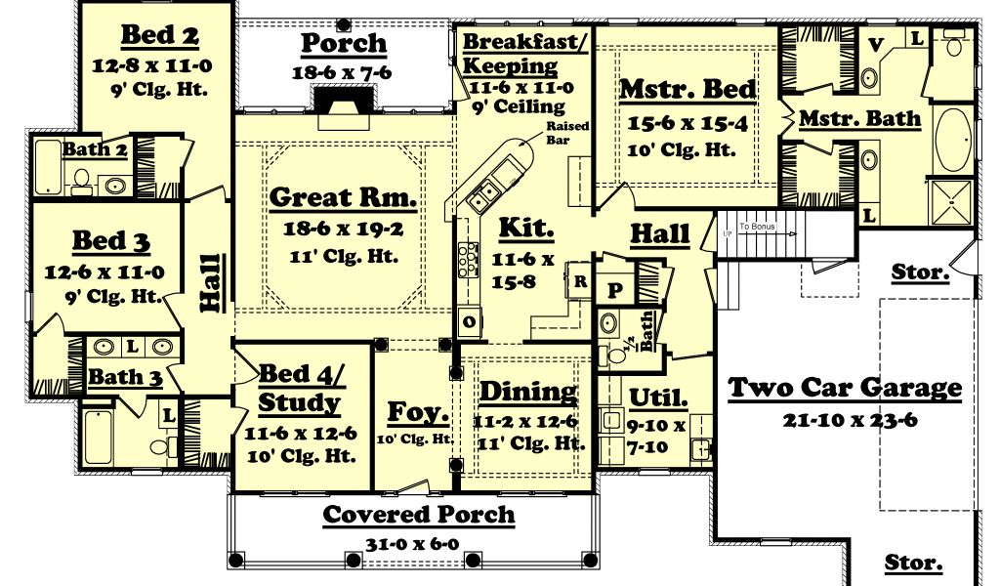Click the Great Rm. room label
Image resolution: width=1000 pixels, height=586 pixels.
tap(343, 197)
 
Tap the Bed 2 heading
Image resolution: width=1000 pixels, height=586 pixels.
tap(159, 35)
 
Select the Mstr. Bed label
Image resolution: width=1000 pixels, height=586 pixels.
tap(687, 89)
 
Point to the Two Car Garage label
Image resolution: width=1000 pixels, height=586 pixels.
tap(845, 387)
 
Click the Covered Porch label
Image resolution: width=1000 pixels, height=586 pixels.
tap(418, 515)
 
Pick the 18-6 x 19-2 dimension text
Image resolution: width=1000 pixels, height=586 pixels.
tap(343, 229)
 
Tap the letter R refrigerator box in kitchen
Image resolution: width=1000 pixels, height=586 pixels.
tap(580, 281)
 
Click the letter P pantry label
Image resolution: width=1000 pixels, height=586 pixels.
tap(615, 291)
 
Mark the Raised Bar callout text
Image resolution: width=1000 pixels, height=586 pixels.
tap(567, 133)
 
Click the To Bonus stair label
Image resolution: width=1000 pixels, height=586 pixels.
tap(757, 227)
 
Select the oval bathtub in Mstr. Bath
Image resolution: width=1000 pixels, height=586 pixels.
tap(953, 141)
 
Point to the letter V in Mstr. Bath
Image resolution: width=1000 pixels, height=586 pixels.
tap(876, 45)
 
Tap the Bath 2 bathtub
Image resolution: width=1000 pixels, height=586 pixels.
tap(48, 166)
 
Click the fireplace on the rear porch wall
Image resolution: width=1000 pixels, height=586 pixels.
tap(343, 106)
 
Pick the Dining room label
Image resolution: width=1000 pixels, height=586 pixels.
tap(528, 392)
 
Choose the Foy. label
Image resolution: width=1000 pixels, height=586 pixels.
tap(418, 412)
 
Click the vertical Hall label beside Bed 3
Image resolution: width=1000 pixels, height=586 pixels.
tap(212, 283)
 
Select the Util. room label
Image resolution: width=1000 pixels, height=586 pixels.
tap(658, 398)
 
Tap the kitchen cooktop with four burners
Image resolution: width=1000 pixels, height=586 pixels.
tap(468, 258)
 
